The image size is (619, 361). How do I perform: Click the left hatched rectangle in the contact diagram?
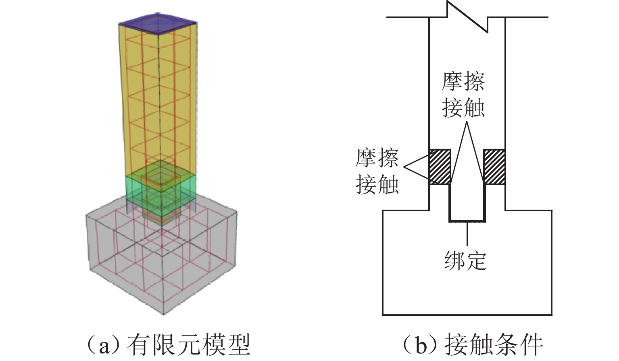coord(439,167)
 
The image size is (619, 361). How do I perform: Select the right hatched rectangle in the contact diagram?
coord(494,167)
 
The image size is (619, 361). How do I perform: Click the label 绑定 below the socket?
coord(466,261)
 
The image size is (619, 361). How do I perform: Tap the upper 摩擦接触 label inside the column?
coord(463,95)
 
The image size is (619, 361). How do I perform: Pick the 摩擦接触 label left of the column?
coord(377,171)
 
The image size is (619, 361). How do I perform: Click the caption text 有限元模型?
coord(189,345)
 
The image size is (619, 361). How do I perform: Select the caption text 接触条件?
coord(494,345)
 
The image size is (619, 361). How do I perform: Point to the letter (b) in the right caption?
coord(421,345)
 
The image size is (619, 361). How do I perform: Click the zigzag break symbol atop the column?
coord(467,16)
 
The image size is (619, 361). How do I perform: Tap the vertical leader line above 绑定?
coord(467,234)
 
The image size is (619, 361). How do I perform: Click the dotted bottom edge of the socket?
coord(467,221)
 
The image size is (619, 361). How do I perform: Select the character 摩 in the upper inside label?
coord(452,82)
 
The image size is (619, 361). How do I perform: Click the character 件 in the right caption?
coord(531,345)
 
